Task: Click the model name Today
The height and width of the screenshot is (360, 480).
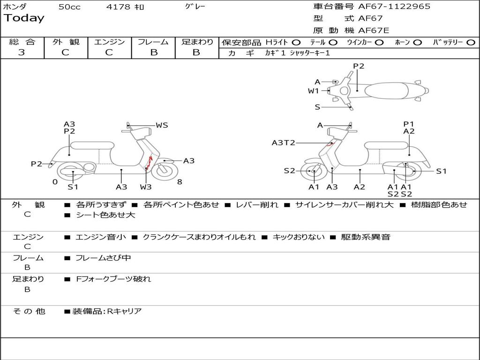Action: click(24, 18)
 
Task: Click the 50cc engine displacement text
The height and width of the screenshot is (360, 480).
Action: click(69, 7)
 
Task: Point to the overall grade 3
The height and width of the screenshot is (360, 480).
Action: click(22, 52)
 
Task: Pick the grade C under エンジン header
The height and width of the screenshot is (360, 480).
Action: click(109, 52)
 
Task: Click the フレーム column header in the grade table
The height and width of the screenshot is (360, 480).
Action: click(153, 42)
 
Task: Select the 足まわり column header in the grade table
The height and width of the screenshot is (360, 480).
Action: click(197, 42)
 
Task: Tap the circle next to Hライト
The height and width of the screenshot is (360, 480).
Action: click(296, 43)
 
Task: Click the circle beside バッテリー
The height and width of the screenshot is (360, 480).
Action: click(471, 43)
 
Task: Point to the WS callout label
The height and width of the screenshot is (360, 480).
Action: click(162, 125)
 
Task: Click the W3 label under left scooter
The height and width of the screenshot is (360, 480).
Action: click(146, 187)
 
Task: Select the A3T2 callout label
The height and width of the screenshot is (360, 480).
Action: click(284, 142)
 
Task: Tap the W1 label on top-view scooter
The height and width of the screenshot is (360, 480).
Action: click(314, 91)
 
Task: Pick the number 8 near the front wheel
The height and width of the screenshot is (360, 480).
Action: click(180, 182)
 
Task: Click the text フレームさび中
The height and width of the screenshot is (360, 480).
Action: click(103, 258)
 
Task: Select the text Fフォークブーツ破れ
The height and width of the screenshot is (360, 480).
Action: click(113, 279)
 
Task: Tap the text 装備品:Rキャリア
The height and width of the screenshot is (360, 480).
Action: click(107, 311)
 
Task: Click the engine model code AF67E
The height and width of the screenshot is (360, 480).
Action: click(374, 30)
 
